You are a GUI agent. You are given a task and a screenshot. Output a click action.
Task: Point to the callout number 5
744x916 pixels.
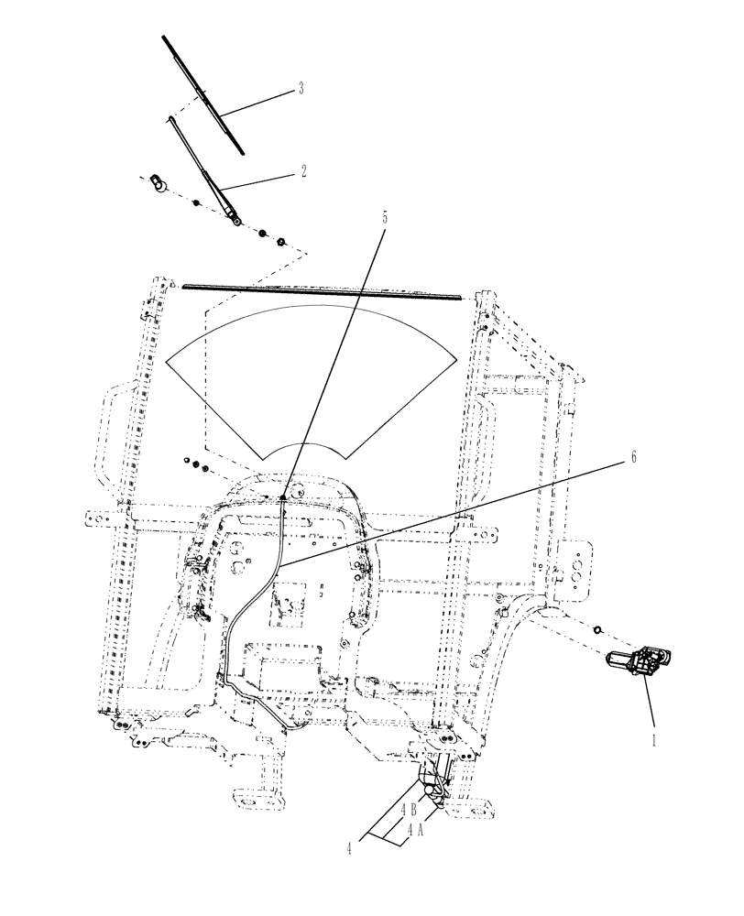point(384,217)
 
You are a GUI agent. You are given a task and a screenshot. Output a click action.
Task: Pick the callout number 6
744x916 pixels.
point(629,459)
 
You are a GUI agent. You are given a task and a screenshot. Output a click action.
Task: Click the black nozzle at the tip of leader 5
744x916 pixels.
point(284,496)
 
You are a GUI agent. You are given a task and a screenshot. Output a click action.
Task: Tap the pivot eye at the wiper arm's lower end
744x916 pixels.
point(236,219)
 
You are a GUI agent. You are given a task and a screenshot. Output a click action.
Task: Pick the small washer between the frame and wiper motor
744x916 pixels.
point(596,630)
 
